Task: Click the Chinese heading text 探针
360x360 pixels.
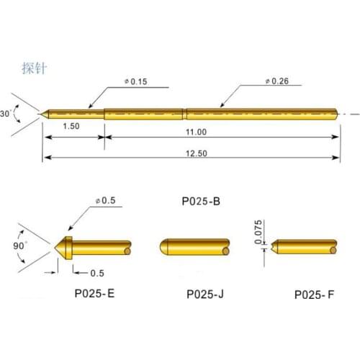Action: click(34, 68)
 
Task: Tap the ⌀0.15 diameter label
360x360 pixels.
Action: click(136, 81)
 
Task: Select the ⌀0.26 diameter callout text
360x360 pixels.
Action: click(277, 81)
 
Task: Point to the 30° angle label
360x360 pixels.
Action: click(6, 114)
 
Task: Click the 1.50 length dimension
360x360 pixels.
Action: click(71, 126)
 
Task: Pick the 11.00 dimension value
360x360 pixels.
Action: click(197, 132)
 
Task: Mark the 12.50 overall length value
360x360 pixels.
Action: click(197, 153)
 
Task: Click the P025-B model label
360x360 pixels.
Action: click(201, 201)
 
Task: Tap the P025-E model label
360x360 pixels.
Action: click(94, 293)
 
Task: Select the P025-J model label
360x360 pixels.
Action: click(205, 294)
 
